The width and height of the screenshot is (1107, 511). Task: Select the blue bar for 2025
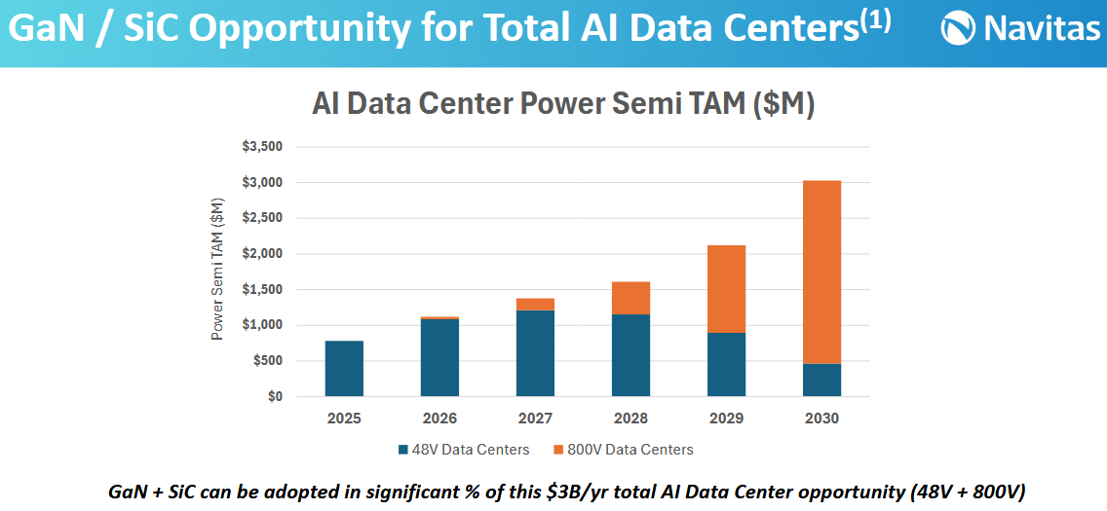point(344,369)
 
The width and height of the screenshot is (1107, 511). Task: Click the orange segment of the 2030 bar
point(821,272)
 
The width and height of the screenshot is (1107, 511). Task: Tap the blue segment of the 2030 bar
point(821,381)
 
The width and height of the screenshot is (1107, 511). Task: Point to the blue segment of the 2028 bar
point(630,355)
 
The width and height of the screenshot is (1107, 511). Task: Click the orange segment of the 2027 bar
point(535,305)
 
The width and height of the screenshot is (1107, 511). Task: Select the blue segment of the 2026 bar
point(439,357)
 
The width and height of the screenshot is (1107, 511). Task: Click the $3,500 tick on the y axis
point(261,147)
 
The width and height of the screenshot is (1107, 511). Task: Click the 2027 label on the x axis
point(535,419)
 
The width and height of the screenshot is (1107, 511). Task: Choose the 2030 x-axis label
point(821,419)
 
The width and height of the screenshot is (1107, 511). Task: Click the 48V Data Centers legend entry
point(463,450)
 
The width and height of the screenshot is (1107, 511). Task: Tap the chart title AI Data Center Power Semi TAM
point(562,103)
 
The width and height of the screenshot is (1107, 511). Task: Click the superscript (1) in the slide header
point(874,21)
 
